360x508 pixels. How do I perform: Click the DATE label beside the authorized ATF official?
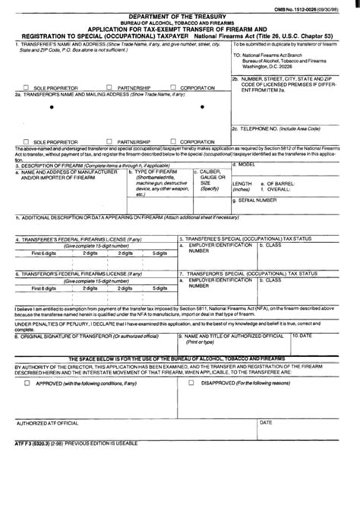click(x=267, y=464)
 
